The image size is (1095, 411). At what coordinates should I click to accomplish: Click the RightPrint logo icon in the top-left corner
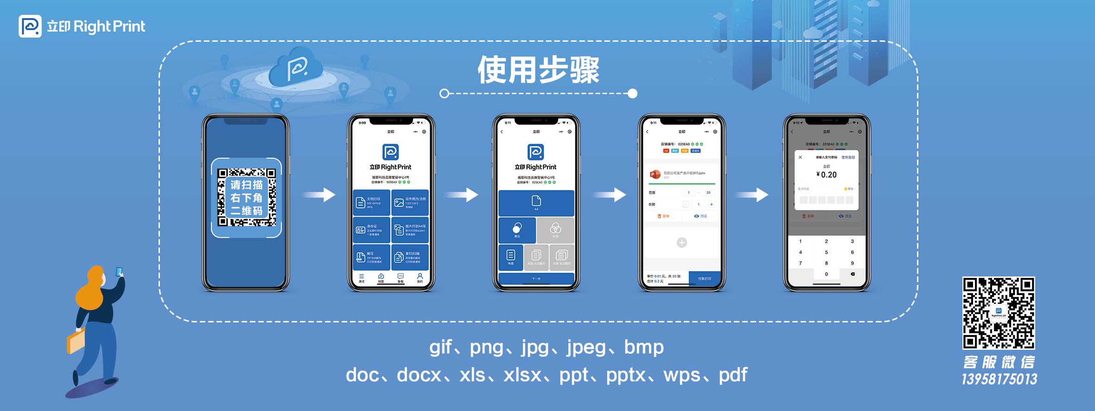(x=30, y=26)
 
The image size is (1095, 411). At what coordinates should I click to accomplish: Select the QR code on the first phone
(x=247, y=198)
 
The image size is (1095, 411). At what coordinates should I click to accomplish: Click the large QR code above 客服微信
(x=999, y=313)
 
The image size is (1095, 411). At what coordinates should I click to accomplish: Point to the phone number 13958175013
(x=999, y=379)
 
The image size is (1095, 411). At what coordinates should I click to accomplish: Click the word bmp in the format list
(x=643, y=347)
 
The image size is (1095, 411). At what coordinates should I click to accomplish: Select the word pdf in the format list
(x=733, y=375)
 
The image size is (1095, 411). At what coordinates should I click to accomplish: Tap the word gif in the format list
(x=440, y=347)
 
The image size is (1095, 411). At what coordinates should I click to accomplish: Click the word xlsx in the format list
(x=522, y=375)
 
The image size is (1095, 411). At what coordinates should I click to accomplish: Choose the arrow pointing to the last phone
(x=752, y=195)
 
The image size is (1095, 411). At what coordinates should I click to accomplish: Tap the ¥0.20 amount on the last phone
(x=827, y=175)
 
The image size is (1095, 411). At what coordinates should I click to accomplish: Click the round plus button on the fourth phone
(x=681, y=243)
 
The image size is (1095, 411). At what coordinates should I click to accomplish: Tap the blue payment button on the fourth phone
(x=704, y=278)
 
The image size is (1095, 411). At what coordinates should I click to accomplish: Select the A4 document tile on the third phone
(x=536, y=203)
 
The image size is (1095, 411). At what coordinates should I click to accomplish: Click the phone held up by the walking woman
(x=119, y=271)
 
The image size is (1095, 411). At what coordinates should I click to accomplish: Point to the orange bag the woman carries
(x=76, y=342)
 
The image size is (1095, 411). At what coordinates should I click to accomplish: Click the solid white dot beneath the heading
(x=633, y=94)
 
